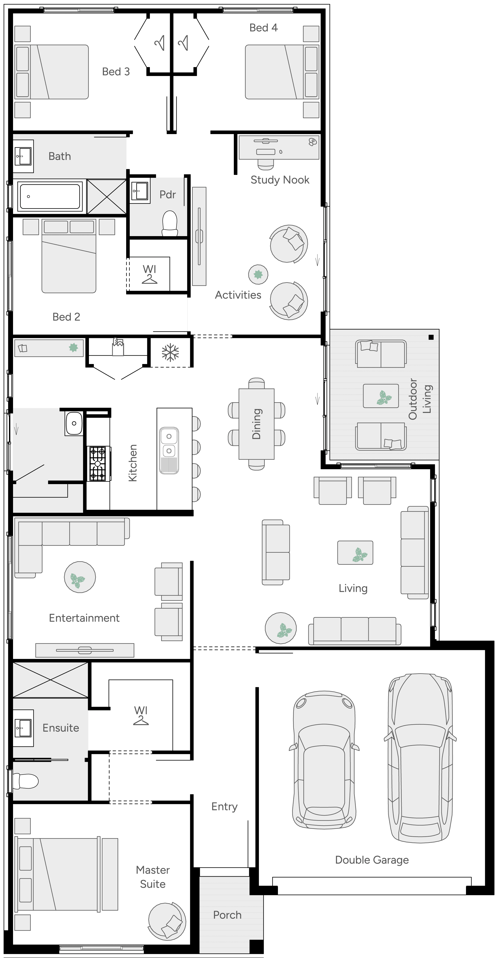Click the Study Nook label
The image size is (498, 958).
pyautogui.click(x=280, y=180)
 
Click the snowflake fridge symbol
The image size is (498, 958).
pyautogui.click(x=170, y=353)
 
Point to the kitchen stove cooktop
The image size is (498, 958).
pyautogui.click(x=98, y=464)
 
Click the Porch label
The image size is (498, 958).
pyautogui.click(x=227, y=915)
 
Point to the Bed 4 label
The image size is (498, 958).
pyautogui.click(x=263, y=28)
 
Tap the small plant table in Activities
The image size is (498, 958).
pyautogui.click(x=258, y=275)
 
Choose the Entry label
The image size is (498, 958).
pyautogui.click(x=224, y=806)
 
